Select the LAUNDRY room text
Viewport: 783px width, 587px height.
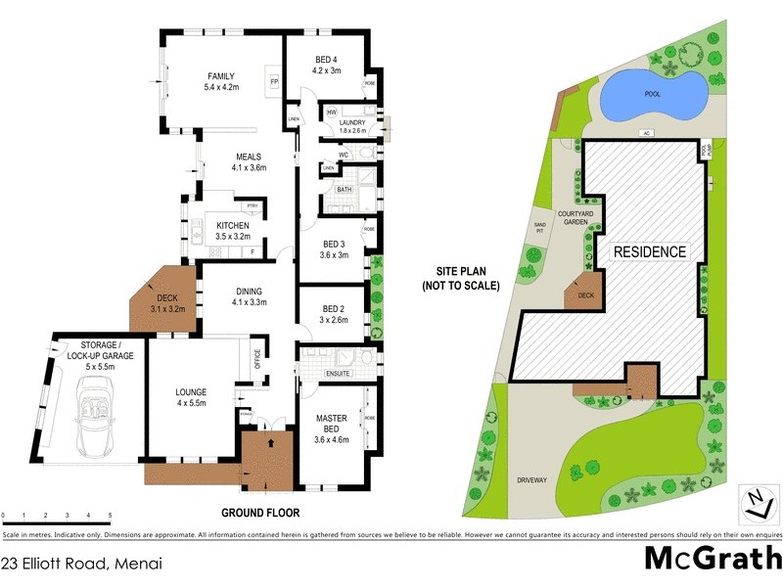click(x=351, y=122)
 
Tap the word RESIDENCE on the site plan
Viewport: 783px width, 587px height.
click(x=649, y=252)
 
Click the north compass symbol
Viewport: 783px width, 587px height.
click(x=755, y=501)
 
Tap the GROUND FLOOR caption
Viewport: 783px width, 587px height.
click(x=259, y=513)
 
